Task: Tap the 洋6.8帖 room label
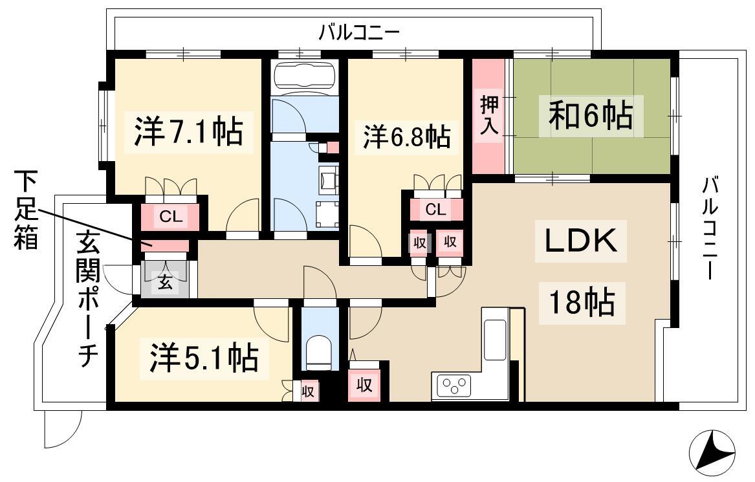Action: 406,137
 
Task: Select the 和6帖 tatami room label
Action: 591,115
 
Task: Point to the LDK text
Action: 581,241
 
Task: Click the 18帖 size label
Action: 582,302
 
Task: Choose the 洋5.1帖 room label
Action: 204,358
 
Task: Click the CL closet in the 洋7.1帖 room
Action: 171,217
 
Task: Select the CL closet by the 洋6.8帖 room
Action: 436,210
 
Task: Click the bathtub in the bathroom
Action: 305,74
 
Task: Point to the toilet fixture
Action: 317,353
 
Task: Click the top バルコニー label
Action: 359,33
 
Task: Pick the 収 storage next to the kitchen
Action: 364,385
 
